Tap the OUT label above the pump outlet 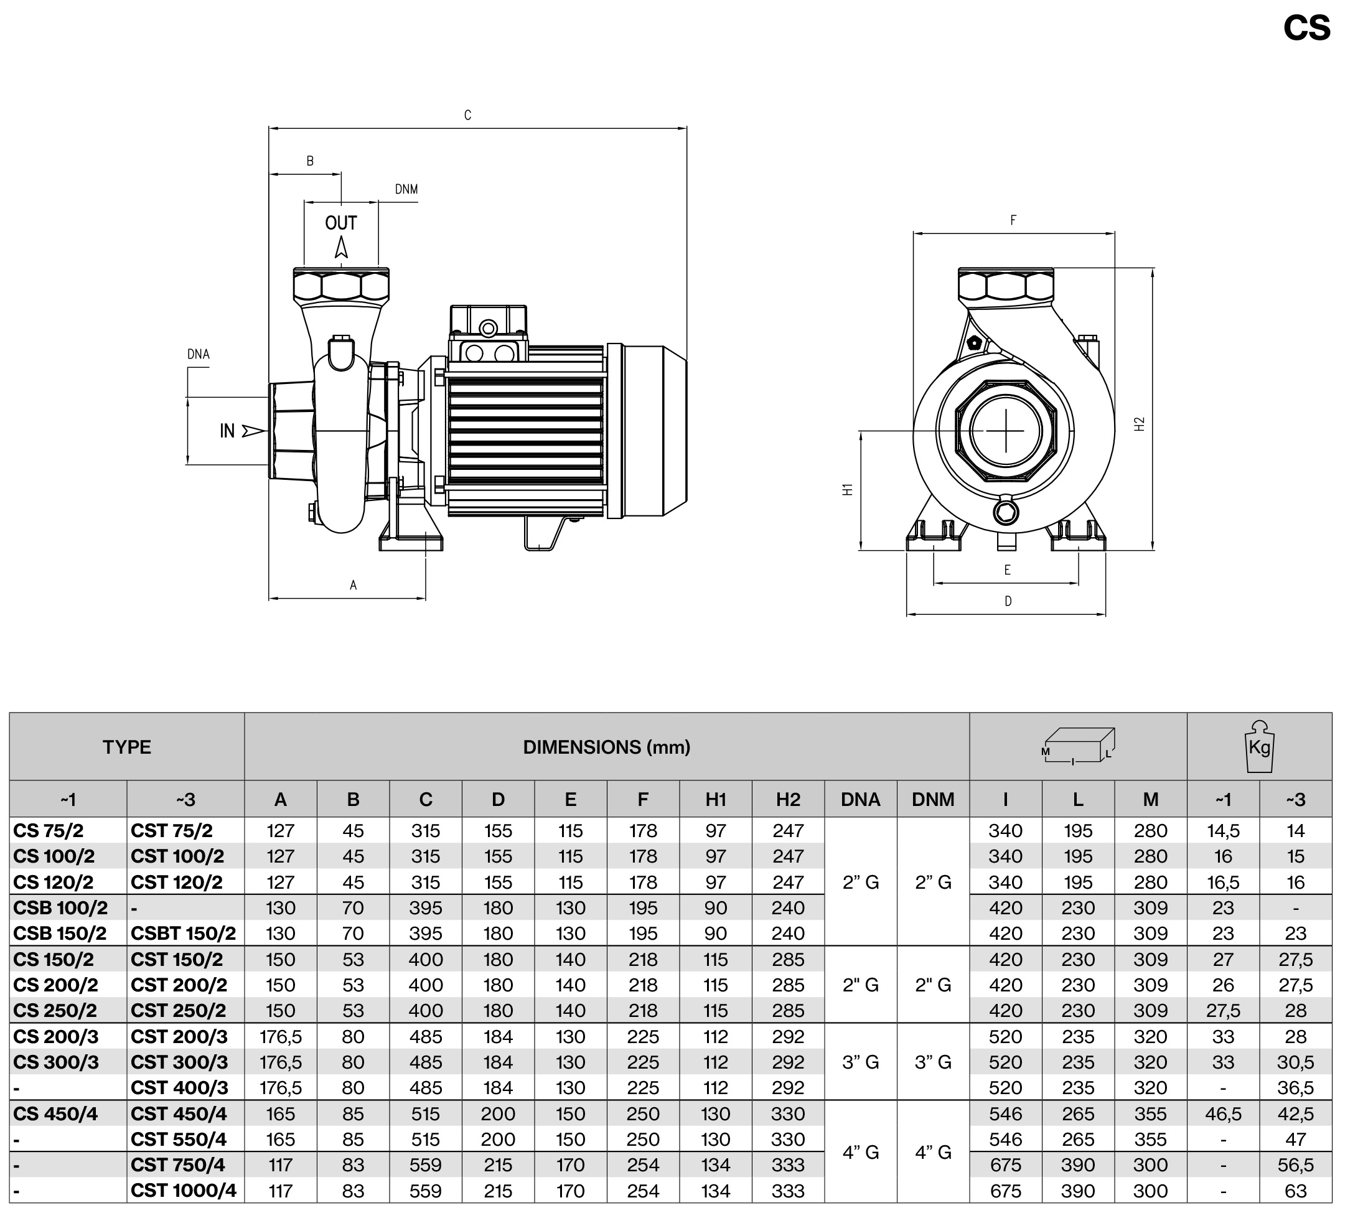coord(341,223)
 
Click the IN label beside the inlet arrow coord(227,431)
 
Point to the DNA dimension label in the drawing coord(198,354)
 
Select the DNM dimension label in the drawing coord(406,189)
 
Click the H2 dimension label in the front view coord(1140,424)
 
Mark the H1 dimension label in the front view coord(848,489)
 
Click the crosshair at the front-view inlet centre coord(1005,431)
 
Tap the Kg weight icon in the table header coord(1259,747)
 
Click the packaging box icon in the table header coord(1077,746)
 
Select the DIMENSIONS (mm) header coord(606,747)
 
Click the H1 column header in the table coord(716,799)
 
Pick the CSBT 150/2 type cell coord(184,933)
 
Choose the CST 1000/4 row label coord(184,1191)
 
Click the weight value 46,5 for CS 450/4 coord(1223,1113)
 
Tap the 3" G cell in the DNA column coord(860,1062)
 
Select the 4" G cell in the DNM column coord(933,1151)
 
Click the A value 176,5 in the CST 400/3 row coord(281,1088)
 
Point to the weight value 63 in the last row coord(1295,1191)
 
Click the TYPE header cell coord(127,747)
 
